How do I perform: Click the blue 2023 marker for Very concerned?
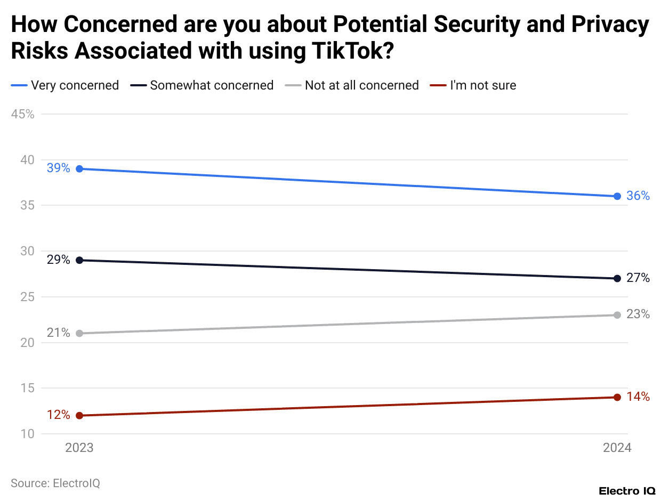coord(79,169)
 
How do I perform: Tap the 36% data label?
coord(638,196)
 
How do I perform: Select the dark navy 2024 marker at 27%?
coord(617,278)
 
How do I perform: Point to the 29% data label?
coord(58,260)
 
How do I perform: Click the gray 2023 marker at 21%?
coord(79,333)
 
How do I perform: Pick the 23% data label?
coord(638,314)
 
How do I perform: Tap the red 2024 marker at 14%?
coord(617,397)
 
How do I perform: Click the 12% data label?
coord(58,415)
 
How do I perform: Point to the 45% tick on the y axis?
coord(22,114)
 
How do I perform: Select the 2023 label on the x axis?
coord(79,448)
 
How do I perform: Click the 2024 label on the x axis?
coord(617,448)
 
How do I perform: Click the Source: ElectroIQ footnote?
coord(55,483)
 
